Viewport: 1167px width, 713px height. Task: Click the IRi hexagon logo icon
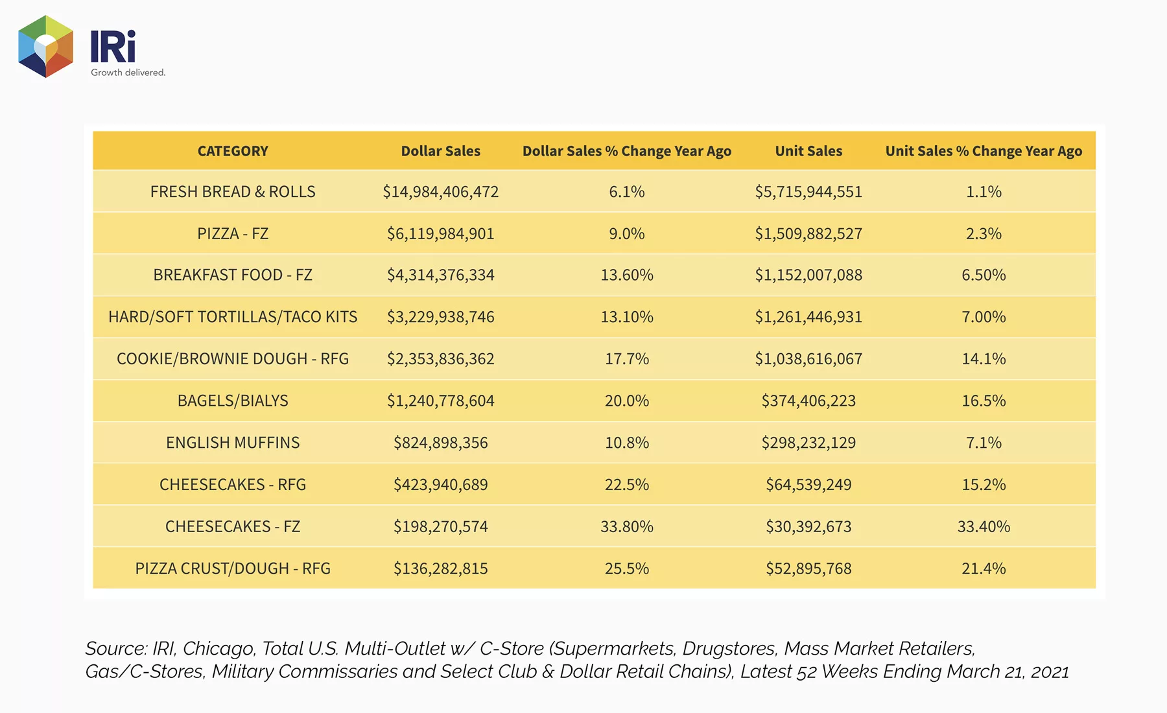[x=45, y=47]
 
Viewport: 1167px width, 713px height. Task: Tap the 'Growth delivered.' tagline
[x=128, y=73]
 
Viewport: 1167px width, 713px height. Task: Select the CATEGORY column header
[x=233, y=151]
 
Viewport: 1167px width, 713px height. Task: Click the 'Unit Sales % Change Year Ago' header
[x=984, y=152]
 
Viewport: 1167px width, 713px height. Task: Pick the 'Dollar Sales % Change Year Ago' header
[x=627, y=152]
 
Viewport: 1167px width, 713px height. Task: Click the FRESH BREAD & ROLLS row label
[x=233, y=192]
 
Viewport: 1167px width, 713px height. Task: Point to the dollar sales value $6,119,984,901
[x=441, y=234]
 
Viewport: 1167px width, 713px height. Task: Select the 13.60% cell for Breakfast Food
[x=627, y=275]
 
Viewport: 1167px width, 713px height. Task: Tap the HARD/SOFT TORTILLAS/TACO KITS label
[x=233, y=317]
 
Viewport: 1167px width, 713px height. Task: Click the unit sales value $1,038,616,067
[x=808, y=359]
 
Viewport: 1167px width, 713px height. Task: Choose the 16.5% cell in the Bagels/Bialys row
[x=984, y=401]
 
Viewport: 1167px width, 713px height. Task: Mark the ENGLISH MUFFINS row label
[x=233, y=443]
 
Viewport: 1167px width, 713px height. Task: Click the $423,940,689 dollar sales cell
[x=441, y=485]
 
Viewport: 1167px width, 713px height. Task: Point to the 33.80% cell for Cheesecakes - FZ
[x=627, y=526]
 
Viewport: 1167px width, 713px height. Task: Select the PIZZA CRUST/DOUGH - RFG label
[x=233, y=568]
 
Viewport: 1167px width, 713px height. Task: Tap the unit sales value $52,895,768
[x=808, y=568]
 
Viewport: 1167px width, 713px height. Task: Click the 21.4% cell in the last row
[x=984, y=568]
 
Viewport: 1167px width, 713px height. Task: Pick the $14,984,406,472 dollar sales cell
[x=441, y=192]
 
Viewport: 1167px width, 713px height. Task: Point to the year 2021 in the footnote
[x=1050, y=672]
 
